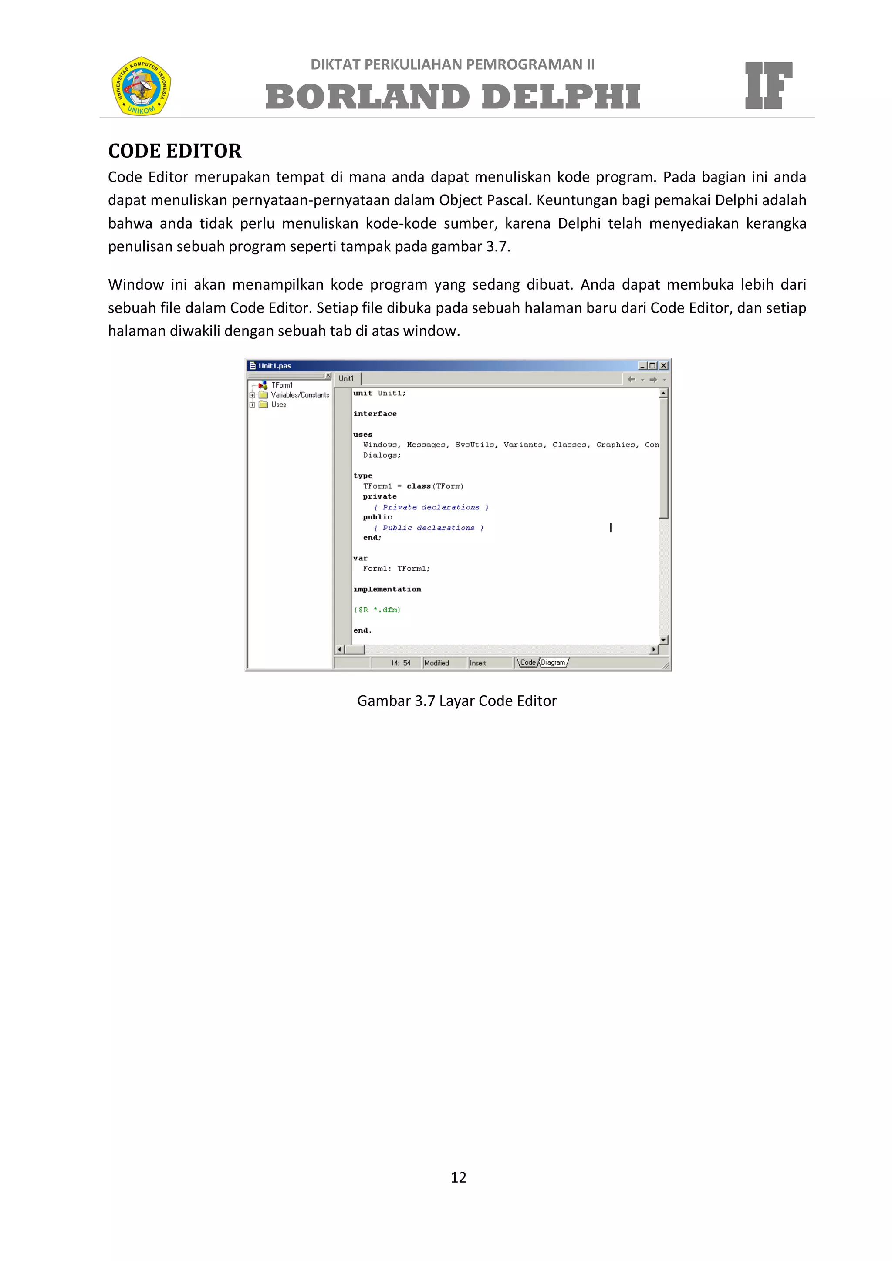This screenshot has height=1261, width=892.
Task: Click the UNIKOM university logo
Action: pyautogui.click(x=141, y=86)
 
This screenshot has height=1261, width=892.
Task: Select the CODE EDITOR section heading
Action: pyautogui.click(x=175, y=151)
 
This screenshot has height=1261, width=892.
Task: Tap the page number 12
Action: pyautogui.click(x=458, y=1177)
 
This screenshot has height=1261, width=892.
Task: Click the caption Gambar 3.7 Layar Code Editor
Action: pyautogui.click(x=456, y=701)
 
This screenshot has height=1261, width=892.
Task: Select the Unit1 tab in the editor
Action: pyautogui.click(x=346, y=378)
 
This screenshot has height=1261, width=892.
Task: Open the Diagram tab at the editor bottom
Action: pyautogui.click(x=553, y=663)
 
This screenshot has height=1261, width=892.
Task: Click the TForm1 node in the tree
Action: pyautogui.click(x=282, y=385)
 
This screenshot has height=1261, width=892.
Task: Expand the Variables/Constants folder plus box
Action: pyautogui.click(x=252, y=395)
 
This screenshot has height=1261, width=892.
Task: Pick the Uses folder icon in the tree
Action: pyautogui.click(x=264, y=405)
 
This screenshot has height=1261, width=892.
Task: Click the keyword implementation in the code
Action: pyautogui.click(x=387, y=589)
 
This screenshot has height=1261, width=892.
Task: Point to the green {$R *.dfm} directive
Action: pyautogui.click(x=377, y=610)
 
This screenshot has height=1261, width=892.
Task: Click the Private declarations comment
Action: pyautogui.click(x=431, y=507)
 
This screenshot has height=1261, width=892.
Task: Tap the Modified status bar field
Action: pyautogui.click(x=437, y=663)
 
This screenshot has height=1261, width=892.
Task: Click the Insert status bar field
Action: pyautogui.click(x=478, y=663)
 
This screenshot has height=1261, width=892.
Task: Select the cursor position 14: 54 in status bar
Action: pyautogui.click(x=400, y=663)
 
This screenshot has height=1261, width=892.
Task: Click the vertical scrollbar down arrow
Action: pyautogui.click(x=663, y=640)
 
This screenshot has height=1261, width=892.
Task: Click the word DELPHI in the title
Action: pyautogui.click(x=561, y=97)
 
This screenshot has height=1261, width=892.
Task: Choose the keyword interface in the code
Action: pyautogui.click(x=375, y=414)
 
